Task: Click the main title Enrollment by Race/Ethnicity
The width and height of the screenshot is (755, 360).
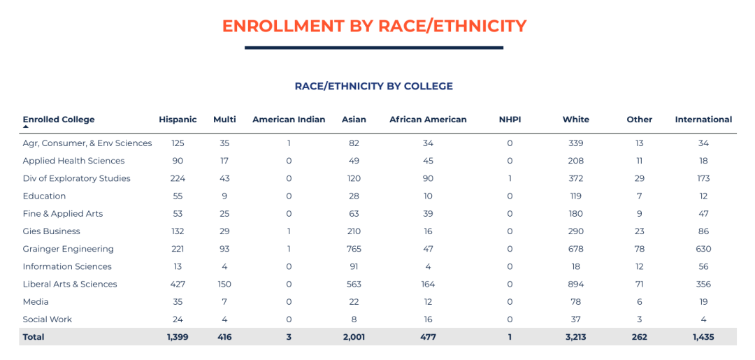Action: [x=374, y=27]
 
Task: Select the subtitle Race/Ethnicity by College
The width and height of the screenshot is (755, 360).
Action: [x=374, y=87]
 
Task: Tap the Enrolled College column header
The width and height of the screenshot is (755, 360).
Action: [x=59, y=120]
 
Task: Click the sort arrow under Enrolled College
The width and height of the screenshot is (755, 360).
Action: [x=26, y=127]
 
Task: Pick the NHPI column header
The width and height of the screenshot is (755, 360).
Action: [x=510, y=120]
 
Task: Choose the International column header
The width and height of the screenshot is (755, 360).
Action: [x=703, y=120]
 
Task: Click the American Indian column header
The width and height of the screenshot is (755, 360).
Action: [x=289, y=120]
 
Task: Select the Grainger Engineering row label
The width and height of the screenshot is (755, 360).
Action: [x=68, y=249]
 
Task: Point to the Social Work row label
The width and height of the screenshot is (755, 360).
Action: [x=47, y=319]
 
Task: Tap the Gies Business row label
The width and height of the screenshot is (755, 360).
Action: [x=51, y=231]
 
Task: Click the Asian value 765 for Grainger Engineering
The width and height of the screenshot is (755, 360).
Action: [x=354, y=249]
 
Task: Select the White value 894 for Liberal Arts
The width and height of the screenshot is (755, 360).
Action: [x=576, y=285]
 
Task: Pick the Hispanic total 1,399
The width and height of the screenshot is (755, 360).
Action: [x=178, y=337]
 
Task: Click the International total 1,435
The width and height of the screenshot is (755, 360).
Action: [x=703, y=337]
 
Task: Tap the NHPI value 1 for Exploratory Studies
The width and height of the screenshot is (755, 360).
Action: [x=510, y=178]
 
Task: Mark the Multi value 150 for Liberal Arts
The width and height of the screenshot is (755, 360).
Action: [x=224, y=285]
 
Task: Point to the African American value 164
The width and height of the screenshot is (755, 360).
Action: [x=428, y=285]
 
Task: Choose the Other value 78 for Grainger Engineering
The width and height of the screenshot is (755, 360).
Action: [x=639, y=249]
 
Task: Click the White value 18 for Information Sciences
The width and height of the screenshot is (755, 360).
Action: [x=576, y=266]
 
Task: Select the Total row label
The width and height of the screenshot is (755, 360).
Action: [x=34, y=337]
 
